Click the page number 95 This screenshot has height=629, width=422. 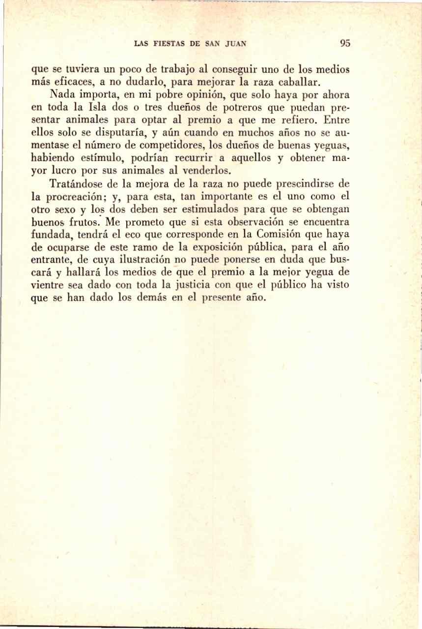[344, 43]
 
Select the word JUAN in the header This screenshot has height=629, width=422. [235, 43]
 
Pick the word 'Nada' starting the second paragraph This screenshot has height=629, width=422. [62, 94]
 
